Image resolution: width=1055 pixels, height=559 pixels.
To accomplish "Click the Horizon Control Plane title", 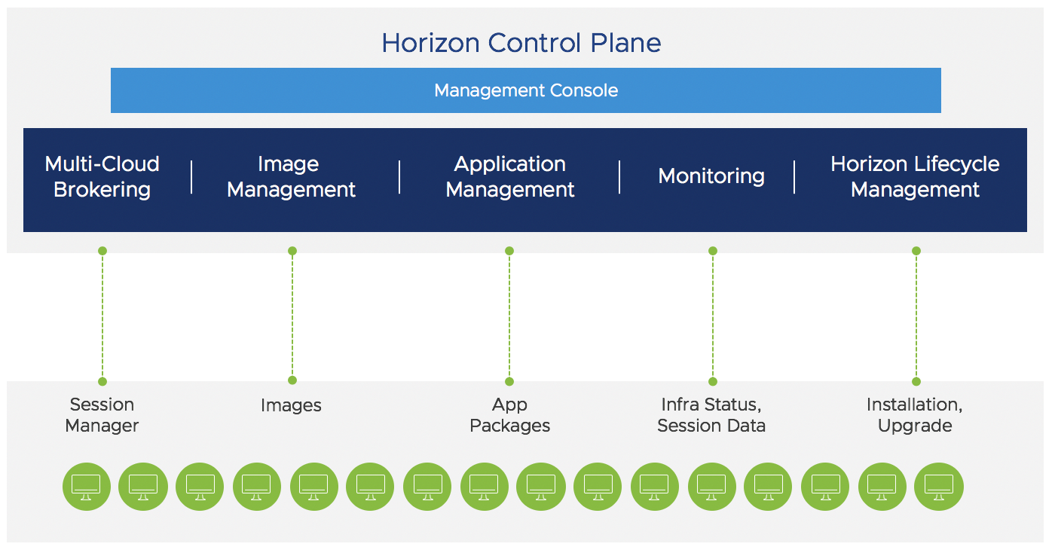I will point(521,43).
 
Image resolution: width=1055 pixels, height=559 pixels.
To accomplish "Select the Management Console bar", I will point(525,90).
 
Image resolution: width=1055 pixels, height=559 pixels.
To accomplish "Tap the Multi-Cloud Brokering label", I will point(102,176).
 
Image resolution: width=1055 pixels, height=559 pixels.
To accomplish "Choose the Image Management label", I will point(291,176).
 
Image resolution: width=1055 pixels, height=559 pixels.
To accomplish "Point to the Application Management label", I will point(510,176).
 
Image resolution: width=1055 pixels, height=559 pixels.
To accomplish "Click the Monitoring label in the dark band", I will point(711,176).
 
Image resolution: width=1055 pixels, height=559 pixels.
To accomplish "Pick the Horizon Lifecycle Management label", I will point(915,176).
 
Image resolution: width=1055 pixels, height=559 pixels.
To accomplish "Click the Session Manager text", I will point(102,415).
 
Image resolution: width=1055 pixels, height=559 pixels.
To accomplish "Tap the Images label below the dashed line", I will point(291,405).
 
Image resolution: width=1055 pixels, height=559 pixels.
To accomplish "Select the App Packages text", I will point(510,415).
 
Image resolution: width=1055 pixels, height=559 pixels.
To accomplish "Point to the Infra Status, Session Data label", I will point(711,415).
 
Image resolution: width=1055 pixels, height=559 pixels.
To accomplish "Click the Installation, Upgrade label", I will point(915,415).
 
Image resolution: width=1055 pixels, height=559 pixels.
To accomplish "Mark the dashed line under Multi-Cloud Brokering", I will point(102,316).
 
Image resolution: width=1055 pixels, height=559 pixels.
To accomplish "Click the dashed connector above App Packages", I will point(509,316).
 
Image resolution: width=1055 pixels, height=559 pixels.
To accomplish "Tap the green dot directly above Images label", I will point(292,380).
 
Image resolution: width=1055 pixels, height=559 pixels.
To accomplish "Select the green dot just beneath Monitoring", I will point(713,251).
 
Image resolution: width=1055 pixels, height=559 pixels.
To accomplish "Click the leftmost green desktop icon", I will point(86,487).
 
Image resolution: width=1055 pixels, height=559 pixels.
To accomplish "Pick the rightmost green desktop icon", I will point(938,487).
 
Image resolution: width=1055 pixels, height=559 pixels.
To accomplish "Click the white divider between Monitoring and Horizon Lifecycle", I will point(794,177).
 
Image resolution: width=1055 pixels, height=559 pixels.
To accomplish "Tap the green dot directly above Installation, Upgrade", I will point(916,381).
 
